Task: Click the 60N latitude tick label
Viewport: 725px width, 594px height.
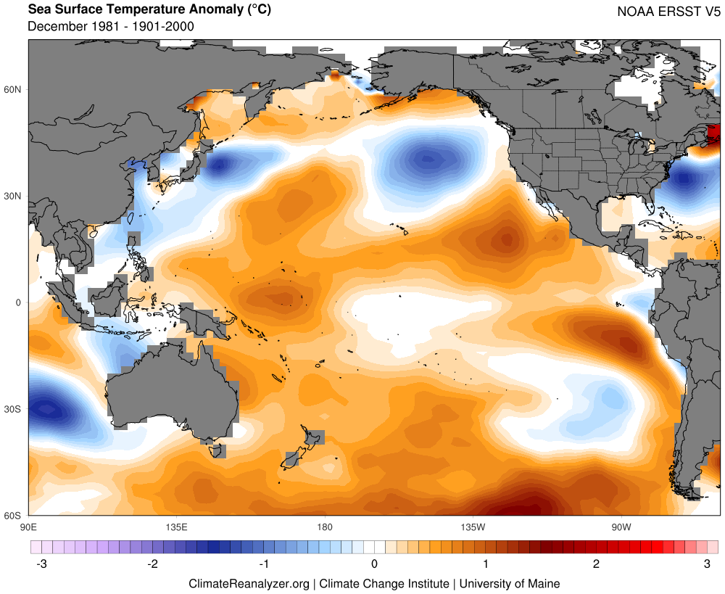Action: pyautogui.click(x=13, y=89)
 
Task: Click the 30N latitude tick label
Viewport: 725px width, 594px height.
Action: pyautogui.click(x=13, y=196)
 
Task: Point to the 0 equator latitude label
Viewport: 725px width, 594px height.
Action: pyautogui.click(x=19, y=302)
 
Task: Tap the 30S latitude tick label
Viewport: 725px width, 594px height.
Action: pyautogui.click(x=13, y=409)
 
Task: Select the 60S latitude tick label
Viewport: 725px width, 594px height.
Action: pyautogui.click(x=13, y=516)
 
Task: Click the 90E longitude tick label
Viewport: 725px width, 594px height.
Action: pyautogui.click(x=28, y=526)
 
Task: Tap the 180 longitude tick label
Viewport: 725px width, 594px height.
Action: pyautogui.click(x=324, y=526)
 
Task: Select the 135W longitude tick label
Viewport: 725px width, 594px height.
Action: pyautogui.click(x=472, y=526)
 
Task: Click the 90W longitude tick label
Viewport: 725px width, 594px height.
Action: pyautogui.click(x=620, y=526)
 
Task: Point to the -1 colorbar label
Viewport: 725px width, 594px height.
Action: pyautogui.click(x=262, y=564)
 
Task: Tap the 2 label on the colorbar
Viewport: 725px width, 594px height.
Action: pyautogui.click(x=596, y=564)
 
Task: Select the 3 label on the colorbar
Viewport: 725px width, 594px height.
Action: pyautogui.click(x=707, y=564)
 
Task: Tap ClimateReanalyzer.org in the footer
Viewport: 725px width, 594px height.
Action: pyautogui.click(x=249, y=584)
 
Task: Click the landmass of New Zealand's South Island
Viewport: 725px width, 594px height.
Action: pyautogui.click(x=294, y=458)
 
